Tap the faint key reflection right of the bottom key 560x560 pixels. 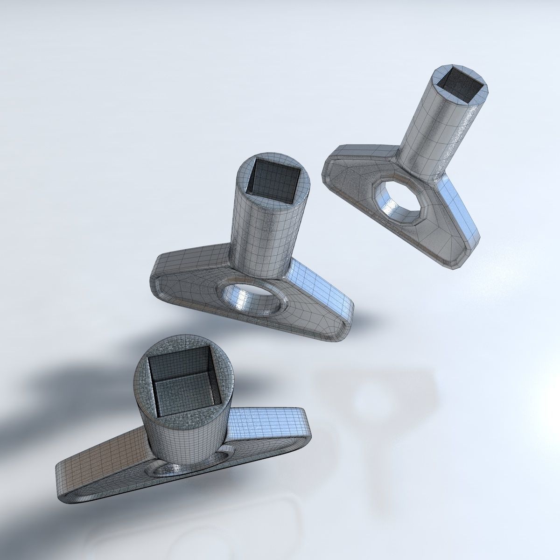[x=373, y=401]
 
